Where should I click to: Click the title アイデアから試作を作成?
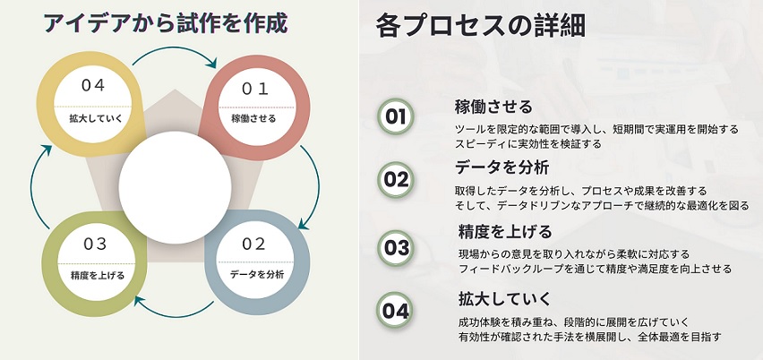click(166, 23)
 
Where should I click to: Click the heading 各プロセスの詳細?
click(480, 26)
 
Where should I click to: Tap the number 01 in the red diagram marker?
click(255, 89)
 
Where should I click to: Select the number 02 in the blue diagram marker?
click(253, 244)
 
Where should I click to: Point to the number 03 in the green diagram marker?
click(95, 244)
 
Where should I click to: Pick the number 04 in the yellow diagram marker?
click(93, 86)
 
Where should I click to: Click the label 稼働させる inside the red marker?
click(253, 118)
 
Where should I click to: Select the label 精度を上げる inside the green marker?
click(98, 276)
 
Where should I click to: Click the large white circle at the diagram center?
click(176, 188)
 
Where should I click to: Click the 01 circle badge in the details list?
click(396, 116)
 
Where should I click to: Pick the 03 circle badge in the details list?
click(396, 248)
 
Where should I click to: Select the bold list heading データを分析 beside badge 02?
click(502, 167)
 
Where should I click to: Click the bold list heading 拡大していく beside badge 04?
click(504, 299)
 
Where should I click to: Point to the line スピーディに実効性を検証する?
click(528, 144)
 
